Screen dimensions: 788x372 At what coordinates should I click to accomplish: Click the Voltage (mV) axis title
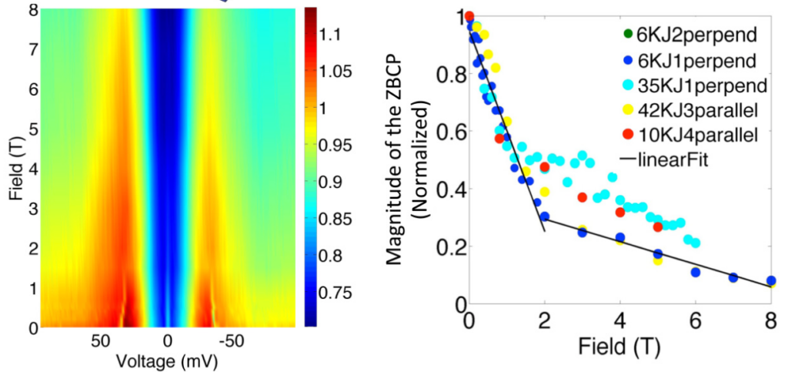[168, 360]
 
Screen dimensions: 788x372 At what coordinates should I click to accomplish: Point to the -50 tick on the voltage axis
[232, 343]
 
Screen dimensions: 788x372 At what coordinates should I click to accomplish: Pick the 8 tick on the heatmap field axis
[31, 9]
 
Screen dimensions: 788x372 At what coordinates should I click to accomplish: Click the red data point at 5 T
[658, 226]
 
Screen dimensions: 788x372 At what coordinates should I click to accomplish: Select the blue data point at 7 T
[733, 277]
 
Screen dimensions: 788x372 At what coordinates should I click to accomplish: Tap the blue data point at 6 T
[696, 272]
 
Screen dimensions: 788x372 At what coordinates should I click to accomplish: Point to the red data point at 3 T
[582, 197]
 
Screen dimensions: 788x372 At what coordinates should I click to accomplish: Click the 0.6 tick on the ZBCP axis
[447, 131]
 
